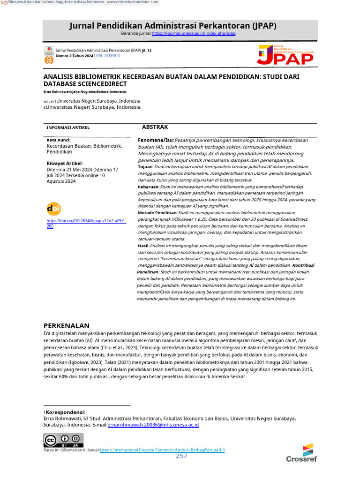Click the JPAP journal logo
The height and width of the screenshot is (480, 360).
pos(285,55)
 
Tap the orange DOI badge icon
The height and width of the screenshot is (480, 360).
pos(53,209)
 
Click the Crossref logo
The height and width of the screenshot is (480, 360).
pos(301,453)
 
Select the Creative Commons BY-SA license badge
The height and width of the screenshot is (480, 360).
pos(63,440)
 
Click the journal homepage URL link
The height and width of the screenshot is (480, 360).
pos(193,34)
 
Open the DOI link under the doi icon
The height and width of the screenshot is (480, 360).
pos(86,223)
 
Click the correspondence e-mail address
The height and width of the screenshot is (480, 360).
pos(153,425)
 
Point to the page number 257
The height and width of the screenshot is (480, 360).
pos(181,456)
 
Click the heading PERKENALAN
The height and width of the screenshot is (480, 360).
pos(66,325)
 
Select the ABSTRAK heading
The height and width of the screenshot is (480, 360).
pos(155,127)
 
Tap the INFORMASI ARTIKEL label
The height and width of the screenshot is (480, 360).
pos(68,127)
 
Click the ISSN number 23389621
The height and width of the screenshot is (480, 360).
pos(112,56)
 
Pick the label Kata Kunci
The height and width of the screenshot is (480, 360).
pos(59,140)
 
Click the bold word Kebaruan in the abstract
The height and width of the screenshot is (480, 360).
pos(149,187)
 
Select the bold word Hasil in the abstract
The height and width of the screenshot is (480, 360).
pos(143,246)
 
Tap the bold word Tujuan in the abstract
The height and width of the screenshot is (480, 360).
pos(145,167)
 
